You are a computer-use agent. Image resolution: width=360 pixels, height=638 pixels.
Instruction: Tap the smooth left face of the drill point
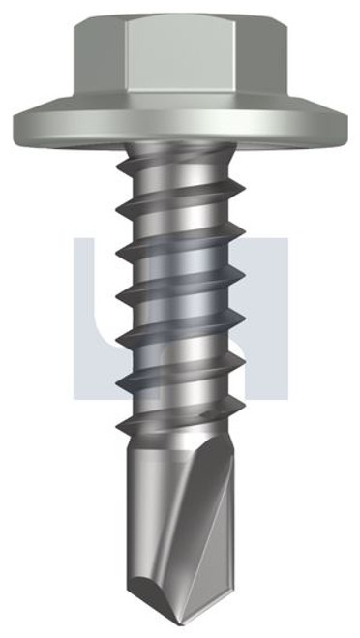pos(155,494)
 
